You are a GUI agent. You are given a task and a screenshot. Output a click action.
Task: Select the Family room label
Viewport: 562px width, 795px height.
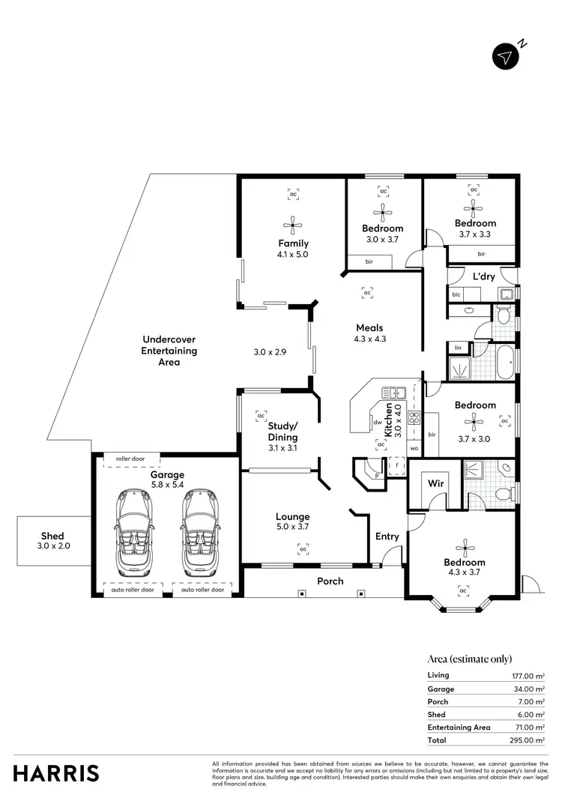point(293,244)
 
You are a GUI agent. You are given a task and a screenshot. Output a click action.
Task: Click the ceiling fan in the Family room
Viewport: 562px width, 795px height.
point(293,224)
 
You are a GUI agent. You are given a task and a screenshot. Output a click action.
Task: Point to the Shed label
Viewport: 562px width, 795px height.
point(52,536)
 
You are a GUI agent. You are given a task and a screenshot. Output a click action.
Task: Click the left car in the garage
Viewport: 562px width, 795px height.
point(136,532)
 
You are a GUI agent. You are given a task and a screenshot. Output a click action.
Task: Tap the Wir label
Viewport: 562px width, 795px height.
point(435,484)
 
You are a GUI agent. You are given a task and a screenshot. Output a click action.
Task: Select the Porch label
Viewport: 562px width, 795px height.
point(330,581)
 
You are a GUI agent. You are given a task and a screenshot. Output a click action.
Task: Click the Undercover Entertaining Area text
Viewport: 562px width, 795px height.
point(169,351)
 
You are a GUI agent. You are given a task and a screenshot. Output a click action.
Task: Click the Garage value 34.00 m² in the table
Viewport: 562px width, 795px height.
point(528,689)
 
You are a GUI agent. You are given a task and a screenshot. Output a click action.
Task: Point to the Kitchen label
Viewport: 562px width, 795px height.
point(388,421)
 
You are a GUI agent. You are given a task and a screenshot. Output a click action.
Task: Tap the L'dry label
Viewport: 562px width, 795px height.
point(483,276)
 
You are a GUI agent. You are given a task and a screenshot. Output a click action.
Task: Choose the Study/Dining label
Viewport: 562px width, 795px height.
point(282,432)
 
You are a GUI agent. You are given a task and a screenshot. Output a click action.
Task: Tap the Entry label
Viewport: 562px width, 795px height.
point(387,536)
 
